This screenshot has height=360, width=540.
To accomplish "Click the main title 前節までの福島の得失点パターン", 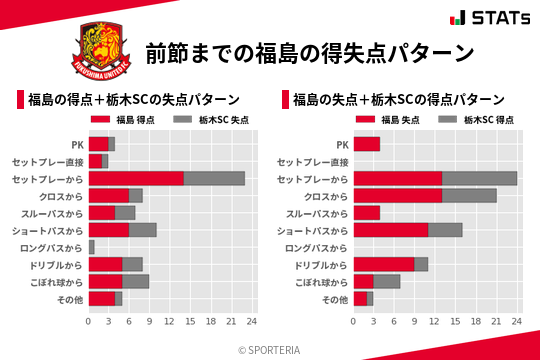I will pyautogui.click(x=309, y=52).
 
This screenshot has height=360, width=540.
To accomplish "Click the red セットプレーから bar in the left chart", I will pyautogui.click(x=136, y=178).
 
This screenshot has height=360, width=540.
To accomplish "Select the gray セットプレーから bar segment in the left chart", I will pyautogui.click(x=214, y=178).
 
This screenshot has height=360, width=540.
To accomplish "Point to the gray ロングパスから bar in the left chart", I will pyautogui.click(x=91, y=246).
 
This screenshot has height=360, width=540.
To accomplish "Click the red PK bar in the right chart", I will pyautogui.click(x=367, y=144).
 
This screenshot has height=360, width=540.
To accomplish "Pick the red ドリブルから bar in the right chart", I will pyautogui.click(x=384, y=264).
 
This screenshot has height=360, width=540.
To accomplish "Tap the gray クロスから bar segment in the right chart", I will pyautogui.click(x=469, y=195).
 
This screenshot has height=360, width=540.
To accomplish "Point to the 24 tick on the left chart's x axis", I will pyautogui.click(x=252, y=322).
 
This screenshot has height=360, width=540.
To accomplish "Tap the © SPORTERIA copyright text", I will pyautogui.click(x=270, y=349).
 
